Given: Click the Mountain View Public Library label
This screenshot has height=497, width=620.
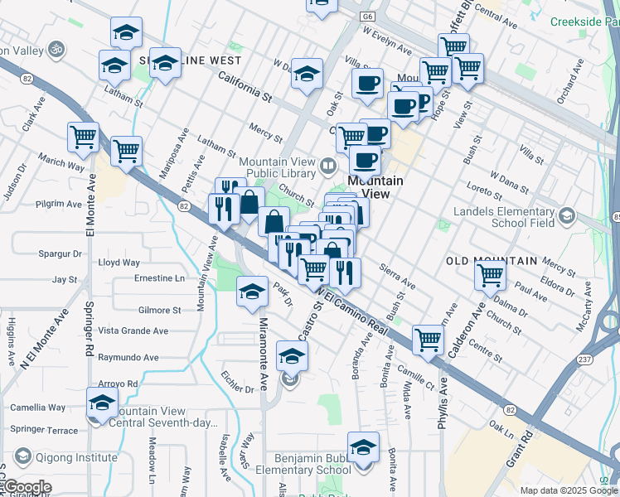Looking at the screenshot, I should tap(278, 168).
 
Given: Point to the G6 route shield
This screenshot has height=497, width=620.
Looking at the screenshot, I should tap(367, 16).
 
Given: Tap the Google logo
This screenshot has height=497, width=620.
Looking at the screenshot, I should tap(27, 487).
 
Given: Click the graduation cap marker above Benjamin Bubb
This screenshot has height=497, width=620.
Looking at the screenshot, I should tap(363, 448).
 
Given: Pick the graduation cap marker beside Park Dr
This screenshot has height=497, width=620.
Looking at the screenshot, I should tap(252, 292).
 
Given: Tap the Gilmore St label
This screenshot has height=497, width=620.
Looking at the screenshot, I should tap(160, 311).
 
